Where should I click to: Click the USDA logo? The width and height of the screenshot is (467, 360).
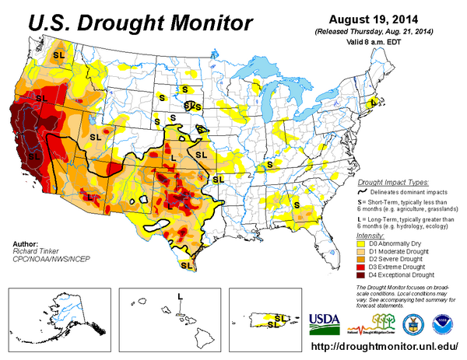click(325, 321)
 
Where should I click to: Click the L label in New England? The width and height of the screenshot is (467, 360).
click(374, 102)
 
